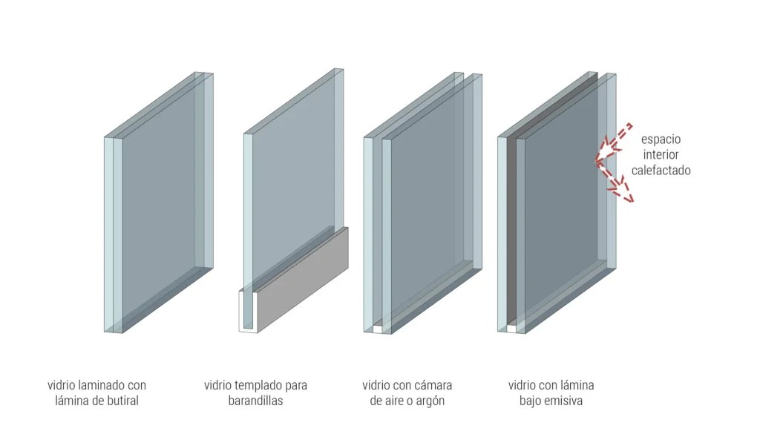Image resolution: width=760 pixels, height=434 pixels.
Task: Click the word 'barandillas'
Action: [255, 401]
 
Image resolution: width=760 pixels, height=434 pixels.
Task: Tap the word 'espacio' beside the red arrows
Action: [661, 139]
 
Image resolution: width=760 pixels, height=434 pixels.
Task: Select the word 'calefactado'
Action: [661, 170]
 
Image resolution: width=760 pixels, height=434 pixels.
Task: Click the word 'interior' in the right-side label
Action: [661, 155]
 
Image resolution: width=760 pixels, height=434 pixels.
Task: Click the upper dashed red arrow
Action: [616, 138]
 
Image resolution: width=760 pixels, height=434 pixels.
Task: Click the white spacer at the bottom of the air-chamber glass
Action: [377, 329]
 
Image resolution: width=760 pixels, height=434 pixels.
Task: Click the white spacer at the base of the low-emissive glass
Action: [511, 329]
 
